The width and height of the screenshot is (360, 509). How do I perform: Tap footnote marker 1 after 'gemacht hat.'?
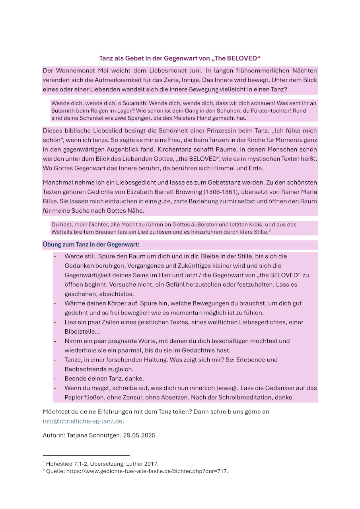tap(248, 117)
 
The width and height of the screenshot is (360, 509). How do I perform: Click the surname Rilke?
tap(51, 201)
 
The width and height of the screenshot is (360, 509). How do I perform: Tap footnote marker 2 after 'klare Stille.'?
tap(270, 231)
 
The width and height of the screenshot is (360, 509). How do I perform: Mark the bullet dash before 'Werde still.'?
tap(54, 256)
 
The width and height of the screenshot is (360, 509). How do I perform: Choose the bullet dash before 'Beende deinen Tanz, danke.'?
tap(54, 379)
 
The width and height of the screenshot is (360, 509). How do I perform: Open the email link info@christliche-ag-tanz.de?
tap(83, 421)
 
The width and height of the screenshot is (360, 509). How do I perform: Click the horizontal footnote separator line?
tap(86, 455)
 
